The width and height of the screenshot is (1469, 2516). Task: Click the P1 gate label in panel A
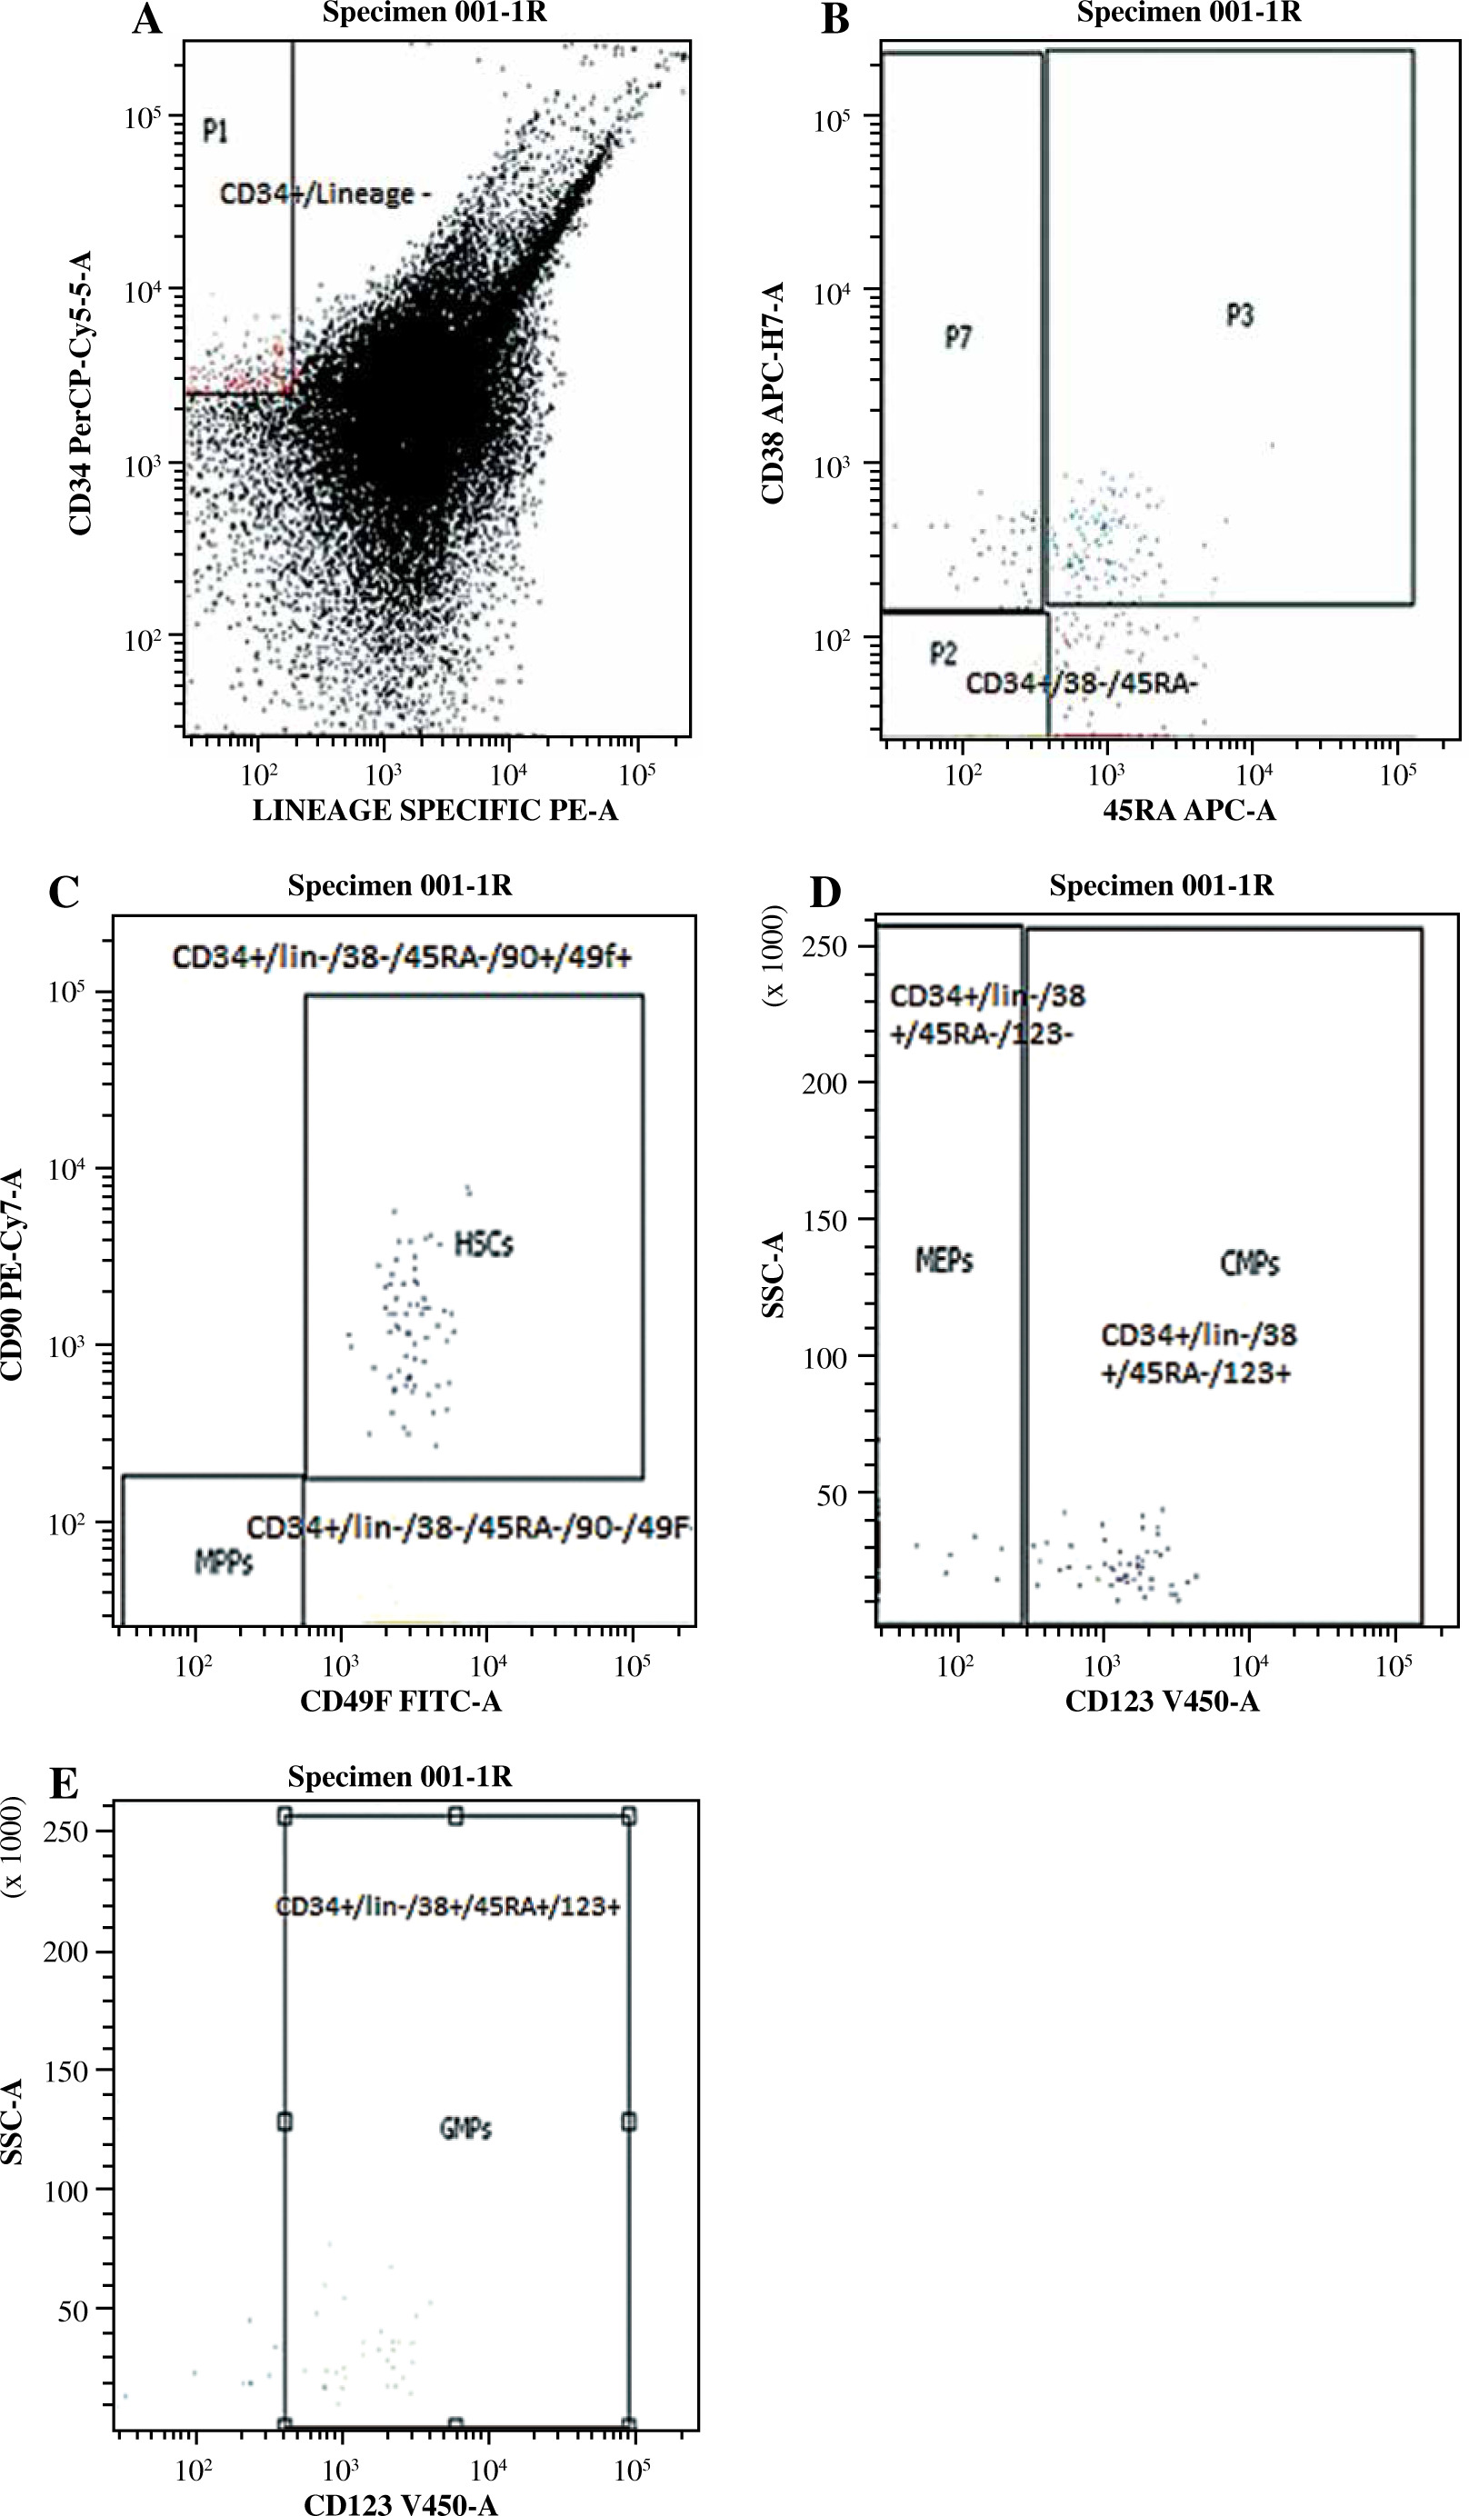pos(215,131)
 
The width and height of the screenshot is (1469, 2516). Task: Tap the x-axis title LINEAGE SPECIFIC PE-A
pos(435,811)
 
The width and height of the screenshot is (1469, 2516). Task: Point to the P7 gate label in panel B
pos(959,337)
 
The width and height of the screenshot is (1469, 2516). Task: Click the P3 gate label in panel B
pos(1239,315)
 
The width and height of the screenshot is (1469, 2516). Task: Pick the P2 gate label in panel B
pos(943,653)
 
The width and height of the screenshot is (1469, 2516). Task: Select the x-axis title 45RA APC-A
pos(1188,811)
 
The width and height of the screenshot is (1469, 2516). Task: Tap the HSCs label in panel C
pos(485,1244)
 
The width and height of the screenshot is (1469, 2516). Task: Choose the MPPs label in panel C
pos(224,1563)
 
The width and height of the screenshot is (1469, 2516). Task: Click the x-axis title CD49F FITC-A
pos(401,1702)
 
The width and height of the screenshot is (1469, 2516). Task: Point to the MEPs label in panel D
pos(944,1261)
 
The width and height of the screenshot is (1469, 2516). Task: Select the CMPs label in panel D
pos(1249,1264)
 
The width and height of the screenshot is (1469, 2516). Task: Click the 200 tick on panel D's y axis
pos(824,1083)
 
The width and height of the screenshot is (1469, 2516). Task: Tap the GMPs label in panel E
pos(465,2129)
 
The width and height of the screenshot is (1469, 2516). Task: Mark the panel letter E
pos(63,1783)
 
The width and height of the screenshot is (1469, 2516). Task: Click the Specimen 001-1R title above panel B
pos(1188,13)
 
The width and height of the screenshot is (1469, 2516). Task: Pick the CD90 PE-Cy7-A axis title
pos(12,1273)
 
